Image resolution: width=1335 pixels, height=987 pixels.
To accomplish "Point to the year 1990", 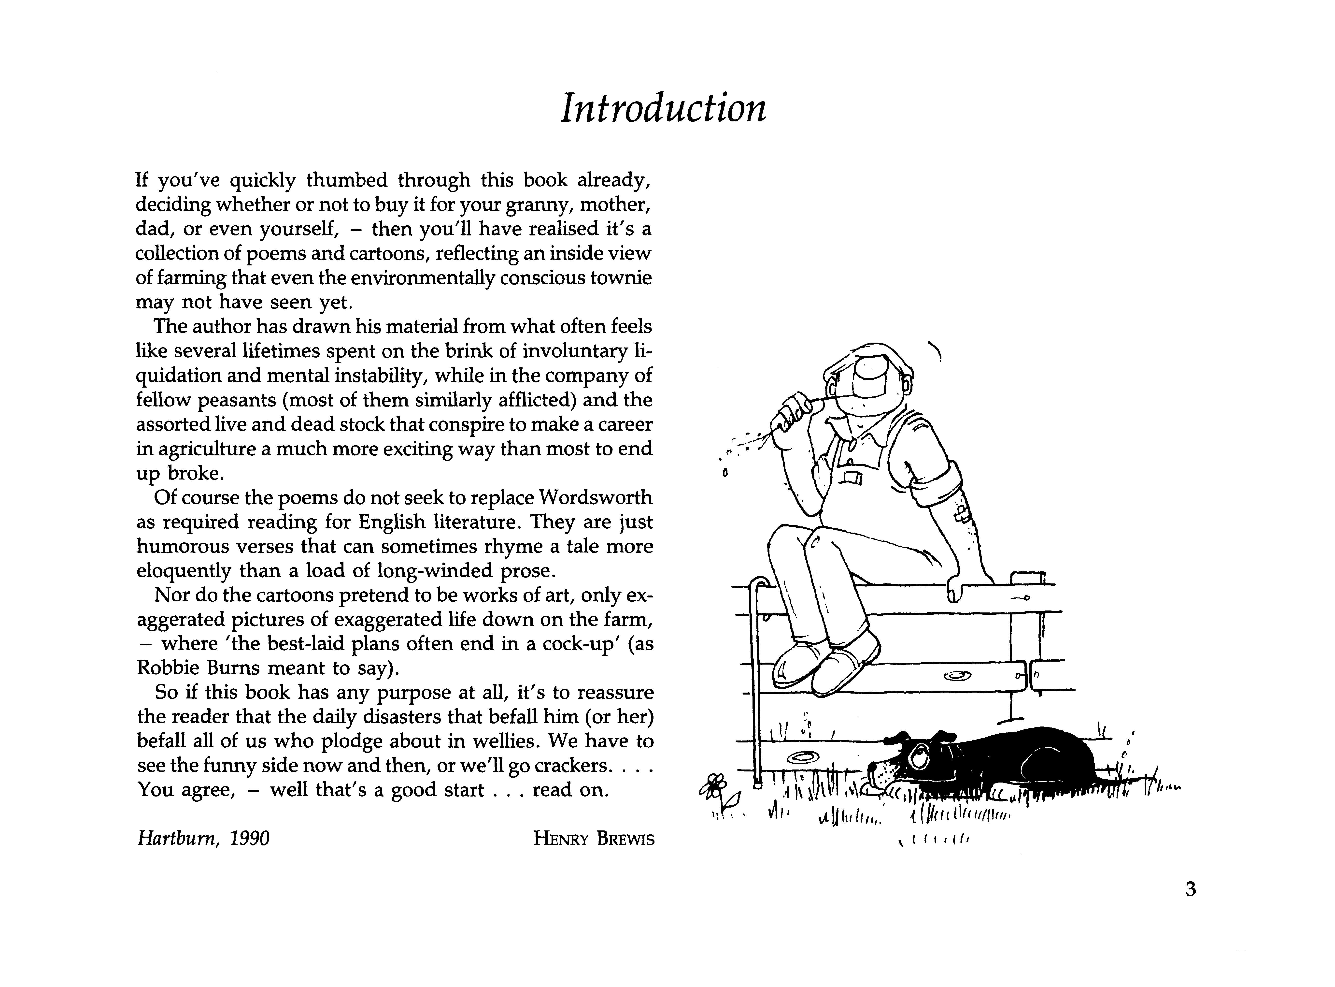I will [250, 839].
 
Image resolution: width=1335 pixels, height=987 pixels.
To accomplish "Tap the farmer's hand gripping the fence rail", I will [957, 589].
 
